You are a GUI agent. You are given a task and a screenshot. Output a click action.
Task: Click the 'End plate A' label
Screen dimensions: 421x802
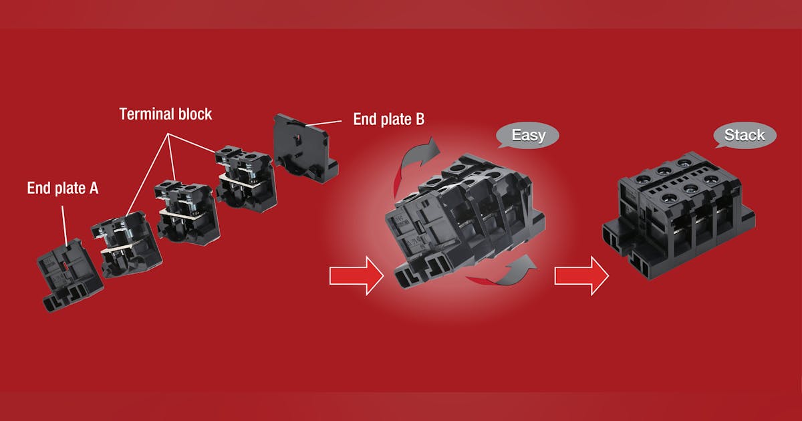63,188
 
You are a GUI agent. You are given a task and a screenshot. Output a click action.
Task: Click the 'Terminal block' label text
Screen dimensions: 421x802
166,114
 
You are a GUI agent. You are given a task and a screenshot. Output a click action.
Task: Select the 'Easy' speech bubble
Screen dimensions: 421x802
528,136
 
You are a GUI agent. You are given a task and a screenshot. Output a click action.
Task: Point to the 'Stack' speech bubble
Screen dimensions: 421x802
745,136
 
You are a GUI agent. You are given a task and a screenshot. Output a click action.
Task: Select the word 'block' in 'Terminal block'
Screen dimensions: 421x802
193,114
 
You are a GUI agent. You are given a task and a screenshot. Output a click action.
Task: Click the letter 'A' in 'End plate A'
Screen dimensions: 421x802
94,188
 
